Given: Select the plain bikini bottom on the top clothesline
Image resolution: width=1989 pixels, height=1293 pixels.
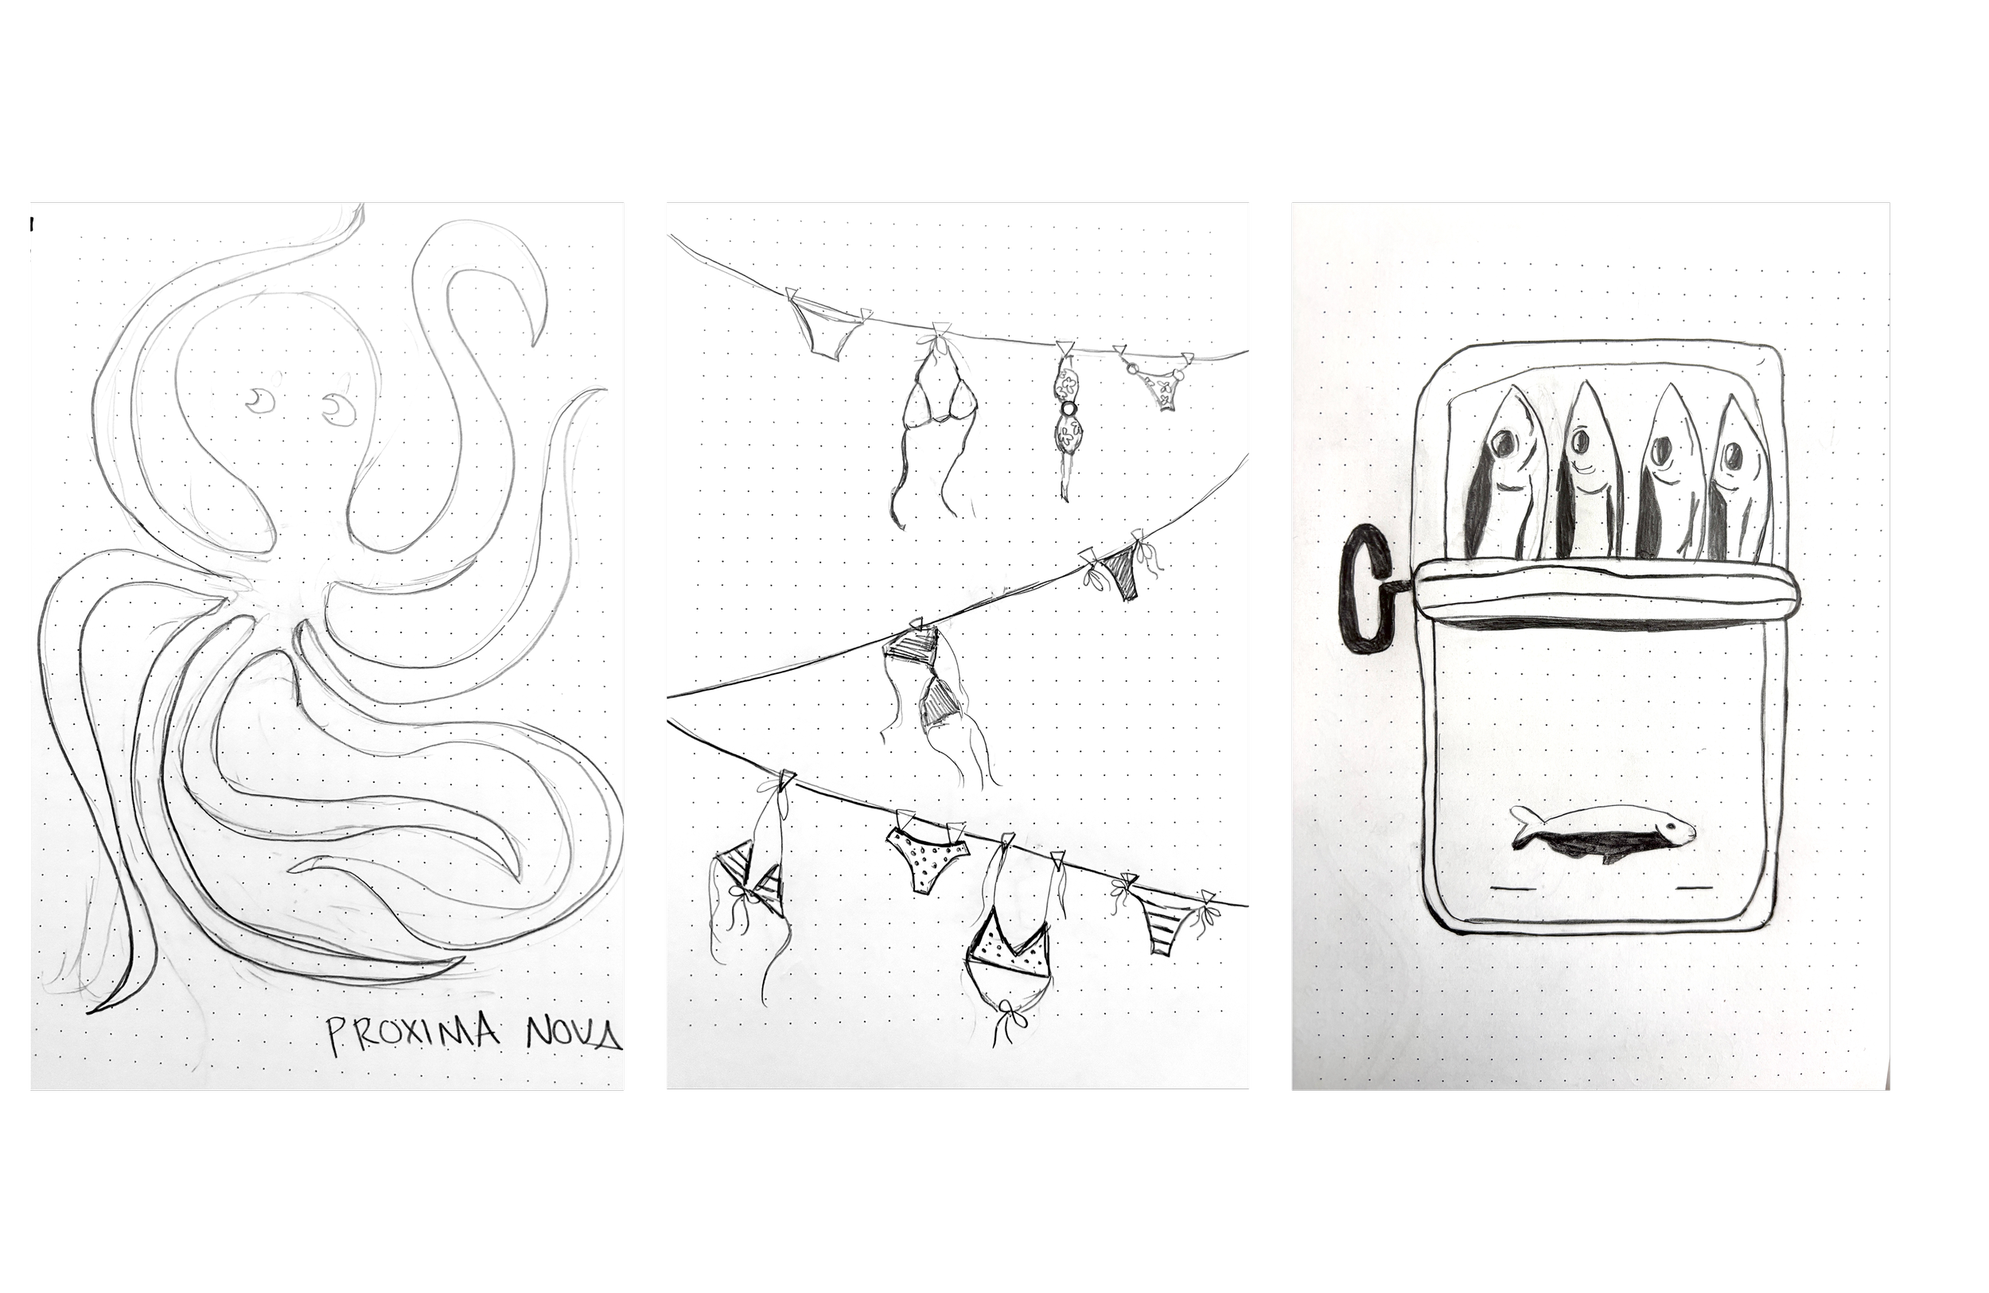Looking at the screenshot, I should pos(825,331).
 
